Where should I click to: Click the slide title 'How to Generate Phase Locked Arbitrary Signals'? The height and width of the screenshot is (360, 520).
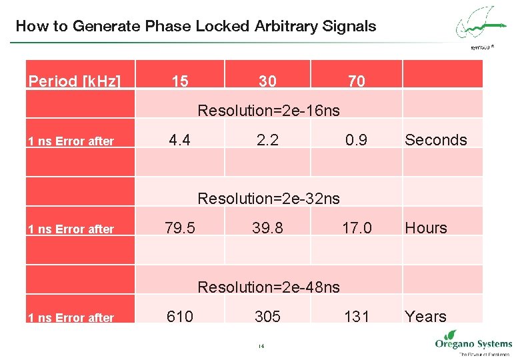(195, 27)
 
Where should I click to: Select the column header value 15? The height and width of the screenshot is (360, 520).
(179, 81)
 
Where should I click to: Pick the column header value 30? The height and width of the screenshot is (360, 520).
(267, 81)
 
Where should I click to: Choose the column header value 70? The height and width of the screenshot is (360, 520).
(357, 81)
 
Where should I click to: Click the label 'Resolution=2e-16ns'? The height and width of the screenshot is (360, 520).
(269, 110)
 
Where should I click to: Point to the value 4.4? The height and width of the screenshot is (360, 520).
(179, 140)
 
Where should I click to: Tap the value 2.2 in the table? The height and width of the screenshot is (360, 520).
(267, 140)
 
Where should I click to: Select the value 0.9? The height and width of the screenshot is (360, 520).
(356, 140)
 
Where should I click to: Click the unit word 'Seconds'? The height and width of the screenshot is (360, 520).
(436, 140)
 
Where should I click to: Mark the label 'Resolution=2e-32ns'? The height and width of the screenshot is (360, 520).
(269, 198)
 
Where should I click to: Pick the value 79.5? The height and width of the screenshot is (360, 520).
(180, 228)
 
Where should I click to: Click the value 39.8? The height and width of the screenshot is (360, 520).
(267, 228)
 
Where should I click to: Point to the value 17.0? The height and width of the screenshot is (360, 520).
(357, 228)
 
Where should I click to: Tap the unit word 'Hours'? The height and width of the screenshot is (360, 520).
(426, 228)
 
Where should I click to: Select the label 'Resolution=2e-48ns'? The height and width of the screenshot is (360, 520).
(269, 287)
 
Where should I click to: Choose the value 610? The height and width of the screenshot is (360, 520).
(180, 317)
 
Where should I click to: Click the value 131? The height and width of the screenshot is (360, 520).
(357, 317)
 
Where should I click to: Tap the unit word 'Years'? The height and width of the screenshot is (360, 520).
(425, 317)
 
